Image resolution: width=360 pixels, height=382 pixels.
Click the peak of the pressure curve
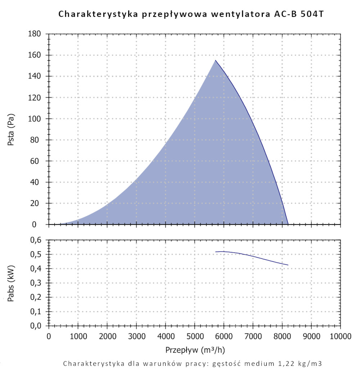pyautogui.click(x=216, y=60)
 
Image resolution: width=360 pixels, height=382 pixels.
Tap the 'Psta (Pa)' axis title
pyautogui.click(x=11, y=129)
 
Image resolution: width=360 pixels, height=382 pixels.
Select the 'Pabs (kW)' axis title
pyautogui.click(x=11, y=283)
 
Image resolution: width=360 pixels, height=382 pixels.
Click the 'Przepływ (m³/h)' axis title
pyautogui.click(x=195, y=350)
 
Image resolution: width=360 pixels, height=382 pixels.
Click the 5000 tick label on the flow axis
pyautogui.click(x=194, y=337)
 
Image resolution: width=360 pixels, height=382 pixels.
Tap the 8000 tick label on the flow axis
pyautogui.click(x=282, y=337)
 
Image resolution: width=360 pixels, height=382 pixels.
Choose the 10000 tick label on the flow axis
pyautogui.click(x=340, y=337)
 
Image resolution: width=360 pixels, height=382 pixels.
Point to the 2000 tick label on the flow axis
pyautogui.click(x=107, y=337)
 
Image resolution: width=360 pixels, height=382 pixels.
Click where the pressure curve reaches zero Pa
pyautogui.click(x=288, y=224)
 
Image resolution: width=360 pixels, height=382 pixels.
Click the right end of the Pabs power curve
pyautogui.click(x=288, y=265)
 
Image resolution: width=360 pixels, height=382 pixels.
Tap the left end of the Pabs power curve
pyautogui.click(x=216, y=252)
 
